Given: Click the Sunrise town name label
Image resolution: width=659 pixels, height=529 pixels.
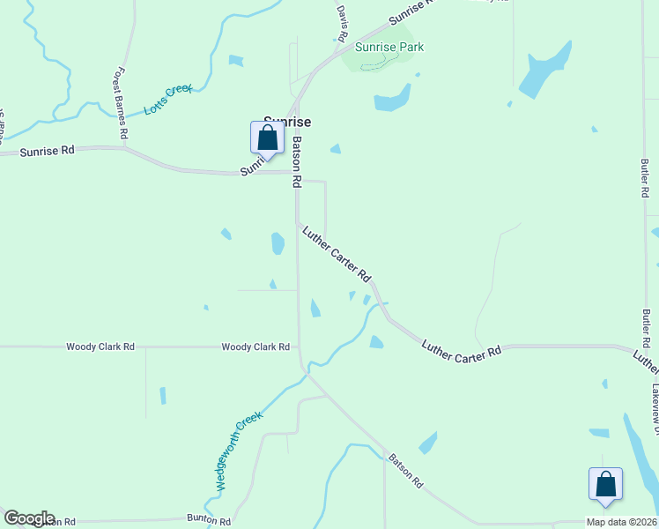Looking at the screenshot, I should (x=288, y=122).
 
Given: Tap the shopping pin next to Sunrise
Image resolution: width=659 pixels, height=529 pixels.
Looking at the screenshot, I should (x=267, y=139).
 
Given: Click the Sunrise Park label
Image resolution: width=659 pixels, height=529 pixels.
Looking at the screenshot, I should (x=389, y=47).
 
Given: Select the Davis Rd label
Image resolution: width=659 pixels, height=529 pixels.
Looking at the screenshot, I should (x=342, y=23).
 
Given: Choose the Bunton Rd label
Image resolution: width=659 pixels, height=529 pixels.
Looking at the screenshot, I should (x=208, y=521).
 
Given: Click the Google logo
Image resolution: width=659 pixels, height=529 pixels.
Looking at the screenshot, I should (x=29, y=518).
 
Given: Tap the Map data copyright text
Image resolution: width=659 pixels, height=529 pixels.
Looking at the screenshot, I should (x=622, y=522).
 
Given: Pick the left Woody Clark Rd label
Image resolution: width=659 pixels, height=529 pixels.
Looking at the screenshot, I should (x=100, y=347).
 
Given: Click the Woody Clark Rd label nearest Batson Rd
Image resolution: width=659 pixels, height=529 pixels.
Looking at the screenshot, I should (x=255, y=347).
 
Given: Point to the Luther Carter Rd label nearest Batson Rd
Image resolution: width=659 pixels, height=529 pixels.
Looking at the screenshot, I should (x=337, y=254).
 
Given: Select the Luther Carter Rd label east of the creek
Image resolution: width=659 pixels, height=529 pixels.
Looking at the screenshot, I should (x=461, y=350).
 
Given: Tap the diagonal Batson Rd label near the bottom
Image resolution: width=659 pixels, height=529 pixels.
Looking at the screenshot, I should (x=405, y=472).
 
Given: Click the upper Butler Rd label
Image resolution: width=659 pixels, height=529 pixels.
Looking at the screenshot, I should (x=645, y=179).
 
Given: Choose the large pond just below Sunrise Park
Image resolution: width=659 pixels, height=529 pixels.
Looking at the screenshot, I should (x=393, y=97).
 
